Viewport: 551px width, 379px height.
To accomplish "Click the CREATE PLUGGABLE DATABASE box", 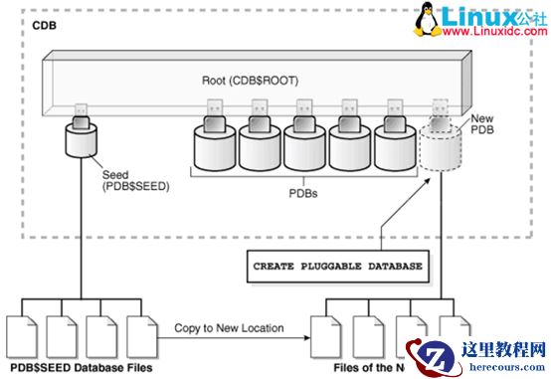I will (338, 267).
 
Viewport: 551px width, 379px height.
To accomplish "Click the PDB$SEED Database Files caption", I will (79, 368).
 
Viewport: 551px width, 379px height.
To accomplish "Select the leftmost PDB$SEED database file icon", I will (23, 336).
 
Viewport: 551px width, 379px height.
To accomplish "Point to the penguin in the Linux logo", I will (422, 20).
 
